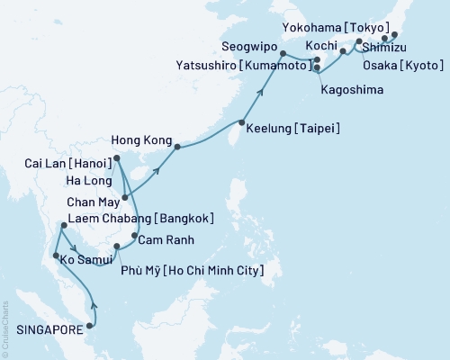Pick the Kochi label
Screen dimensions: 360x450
pyautogui.click(x=321, y=45)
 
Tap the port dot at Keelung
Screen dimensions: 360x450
pyautogui.click(x=241, y=122)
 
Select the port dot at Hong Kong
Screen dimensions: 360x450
pyautogui.click(x=176, y=146)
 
